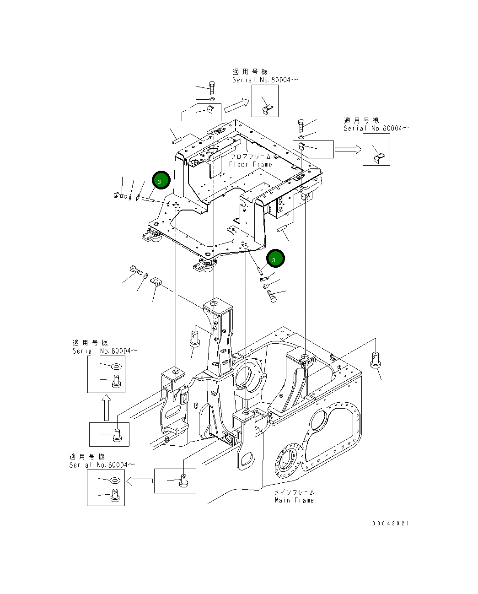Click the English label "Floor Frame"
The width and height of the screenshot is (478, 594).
pos(250,164)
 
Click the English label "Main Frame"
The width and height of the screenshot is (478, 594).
pos(294,500)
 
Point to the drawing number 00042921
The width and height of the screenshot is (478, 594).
pos(391,523)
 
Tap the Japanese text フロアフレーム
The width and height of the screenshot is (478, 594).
pos(250,157)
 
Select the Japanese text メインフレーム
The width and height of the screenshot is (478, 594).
pos(294,492)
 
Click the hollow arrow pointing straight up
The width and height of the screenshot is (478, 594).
pos(106,408)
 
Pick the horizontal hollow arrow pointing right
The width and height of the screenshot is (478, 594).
pos(348,149)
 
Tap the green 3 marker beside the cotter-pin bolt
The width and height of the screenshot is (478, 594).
pos(161,180)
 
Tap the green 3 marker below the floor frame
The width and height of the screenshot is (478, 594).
pos(275,259)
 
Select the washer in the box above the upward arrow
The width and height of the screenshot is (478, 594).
pos(116,366)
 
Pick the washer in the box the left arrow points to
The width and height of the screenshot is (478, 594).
pos(115,480)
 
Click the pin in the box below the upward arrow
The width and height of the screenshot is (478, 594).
pos(117,434)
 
